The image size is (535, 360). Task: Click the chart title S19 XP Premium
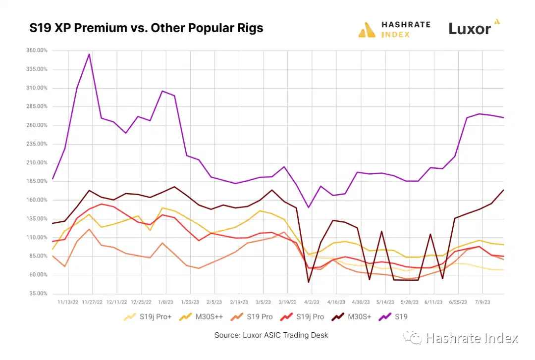[146, 28]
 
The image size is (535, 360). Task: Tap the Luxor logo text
[469, 29]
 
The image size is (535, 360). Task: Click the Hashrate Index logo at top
[394, 29]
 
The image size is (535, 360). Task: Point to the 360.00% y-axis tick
[36, 51]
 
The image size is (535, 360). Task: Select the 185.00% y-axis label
[36, 181]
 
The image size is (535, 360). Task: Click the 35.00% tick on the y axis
[38, 294]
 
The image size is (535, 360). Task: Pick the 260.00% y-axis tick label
[36, 125]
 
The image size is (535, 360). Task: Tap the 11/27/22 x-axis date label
[92, 302]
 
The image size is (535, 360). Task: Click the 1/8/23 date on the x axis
[165, 302]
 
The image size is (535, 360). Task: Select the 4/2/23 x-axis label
[312, 302]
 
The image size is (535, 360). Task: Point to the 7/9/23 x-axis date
[482, 302]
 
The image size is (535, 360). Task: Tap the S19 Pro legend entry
[253, 317]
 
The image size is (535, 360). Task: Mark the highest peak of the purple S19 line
[89, 54]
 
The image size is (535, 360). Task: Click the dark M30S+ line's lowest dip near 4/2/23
[309, 282]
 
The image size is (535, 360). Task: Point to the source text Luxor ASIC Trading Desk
[271, 335]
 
